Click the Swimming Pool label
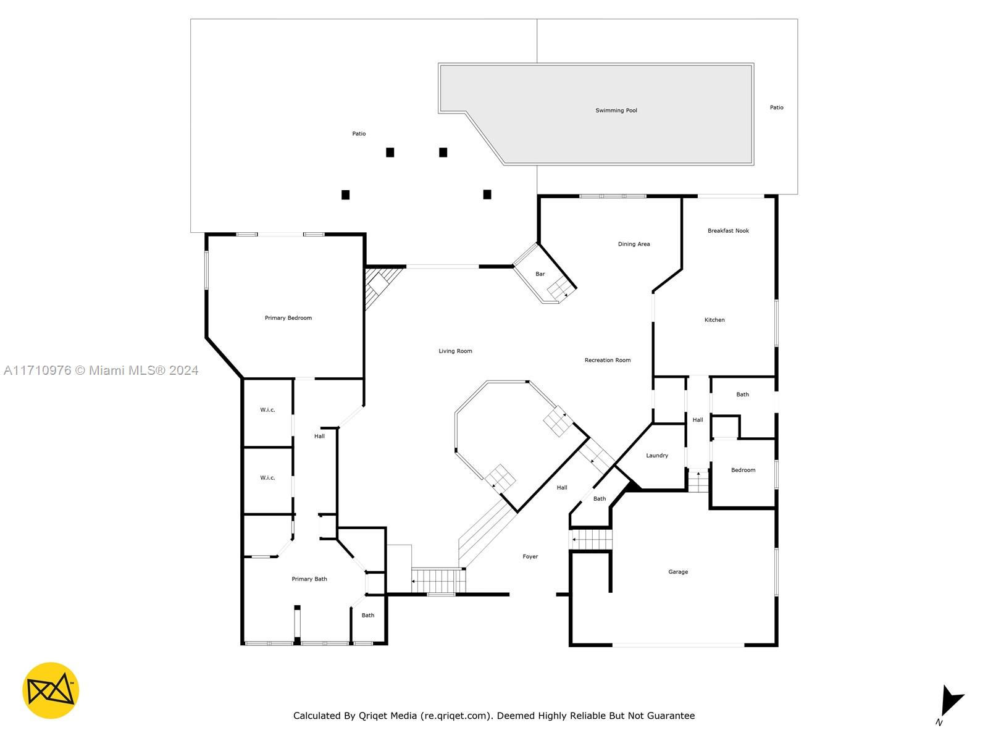(616, 111)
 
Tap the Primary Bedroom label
(288, 317)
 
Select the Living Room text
(455, 351)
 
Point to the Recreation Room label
(607, 360)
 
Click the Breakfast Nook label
(728, 231)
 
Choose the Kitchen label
(714, 320)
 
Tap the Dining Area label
(634, 244)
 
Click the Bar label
(540, 274)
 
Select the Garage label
(678, 572)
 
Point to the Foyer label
(530, 556)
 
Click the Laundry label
(657, 455)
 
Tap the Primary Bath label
(309, 579)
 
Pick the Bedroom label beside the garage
(743, 470)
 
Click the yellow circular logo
(51, 690)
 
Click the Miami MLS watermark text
(101, 371)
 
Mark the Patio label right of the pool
(776, 107)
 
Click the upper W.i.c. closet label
(267, 410)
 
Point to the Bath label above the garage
(599, 498)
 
